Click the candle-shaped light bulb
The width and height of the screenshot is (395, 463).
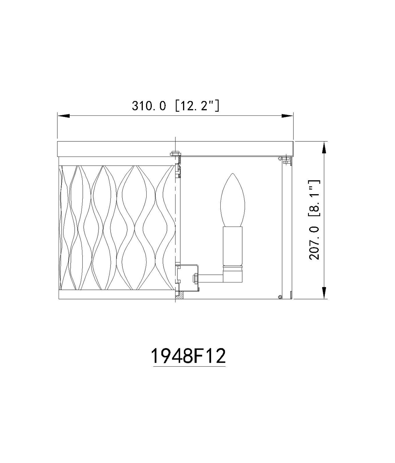[x=233, y=200]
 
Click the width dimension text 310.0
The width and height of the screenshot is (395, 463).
[x=149, y=106]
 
